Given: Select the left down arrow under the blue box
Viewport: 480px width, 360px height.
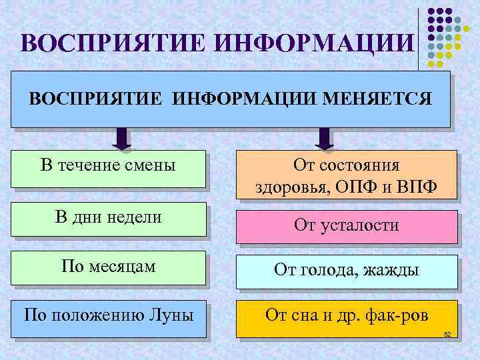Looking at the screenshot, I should click(x=122, y=138).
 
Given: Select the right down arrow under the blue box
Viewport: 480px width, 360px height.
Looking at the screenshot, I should click(x=323, y=138).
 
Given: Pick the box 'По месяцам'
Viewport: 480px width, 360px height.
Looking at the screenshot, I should click(x=108, y=267).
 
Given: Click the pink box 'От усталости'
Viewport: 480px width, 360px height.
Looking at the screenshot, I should click(x=347, y=225).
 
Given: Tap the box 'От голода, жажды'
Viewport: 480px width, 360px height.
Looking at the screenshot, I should click(x=347, y=271).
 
